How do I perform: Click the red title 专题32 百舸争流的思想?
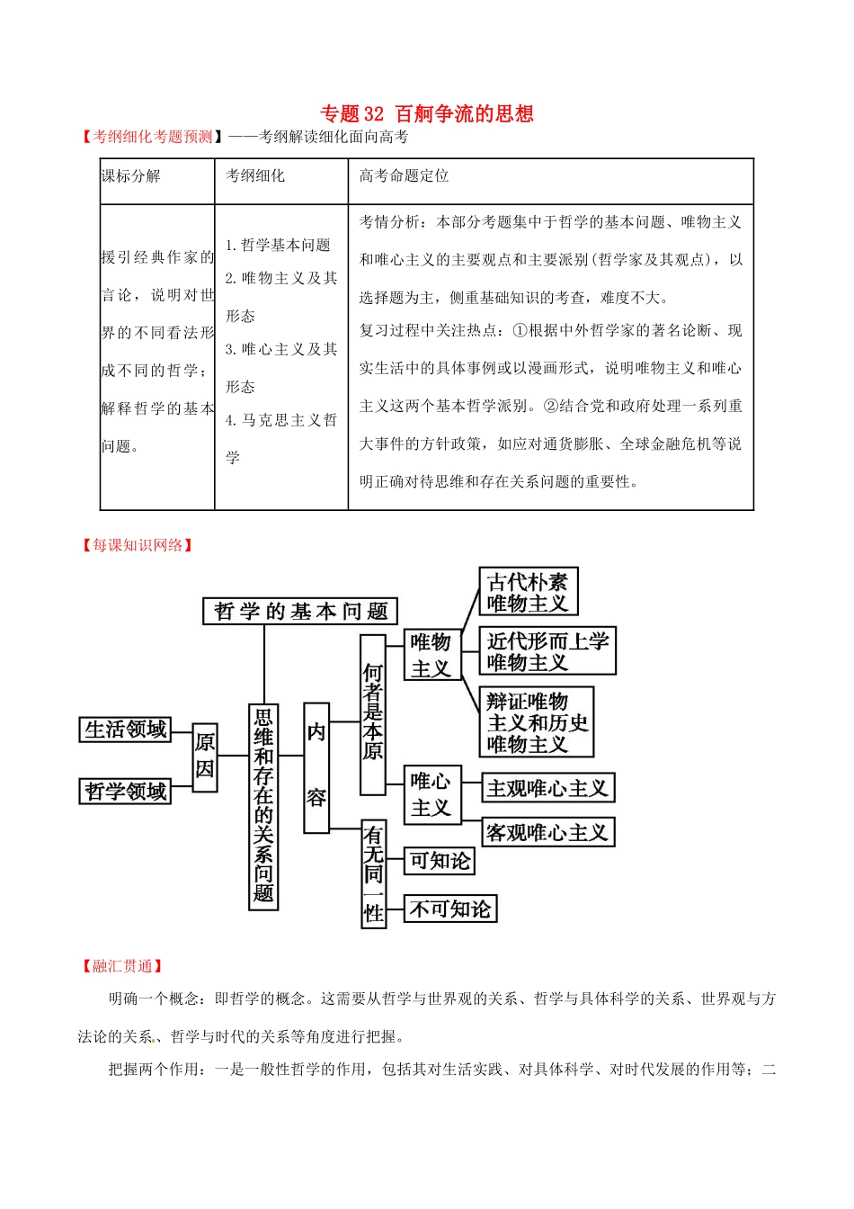coord(427,114)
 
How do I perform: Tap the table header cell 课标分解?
coord(131,176)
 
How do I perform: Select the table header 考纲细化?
coord(255,176)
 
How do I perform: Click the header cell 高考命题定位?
coord(404,176)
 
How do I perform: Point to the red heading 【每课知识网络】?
coord(138,545)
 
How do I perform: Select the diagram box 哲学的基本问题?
coord(300,612)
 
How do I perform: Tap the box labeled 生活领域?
coord(126,730)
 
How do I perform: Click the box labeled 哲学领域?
coord(126,792)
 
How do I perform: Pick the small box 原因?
coord(205,757)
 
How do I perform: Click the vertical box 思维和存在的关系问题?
coord(263,806)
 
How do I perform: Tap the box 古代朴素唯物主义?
coord(528,592)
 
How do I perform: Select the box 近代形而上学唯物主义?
coord(547,651)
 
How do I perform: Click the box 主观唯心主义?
coord(547,789)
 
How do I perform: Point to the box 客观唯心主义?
coord(547,833)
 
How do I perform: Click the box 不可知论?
coord(450,909)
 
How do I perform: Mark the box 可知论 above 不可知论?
coord(440,862)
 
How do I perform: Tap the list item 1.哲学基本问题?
coord(278,246)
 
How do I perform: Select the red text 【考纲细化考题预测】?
coord(152,137)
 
